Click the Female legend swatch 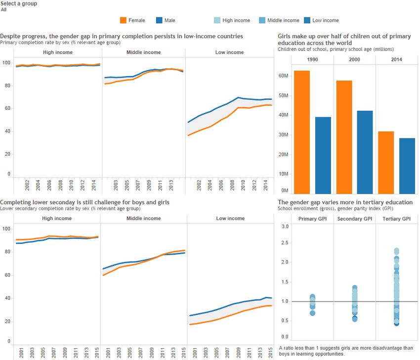[x=124, y=20]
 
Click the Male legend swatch [x=159, y=20]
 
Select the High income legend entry [x=217, y=20]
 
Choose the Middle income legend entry [x=262, y=20]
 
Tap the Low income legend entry [x=307, y=20]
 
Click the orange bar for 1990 [x=301, y=132]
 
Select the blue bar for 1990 [x=323, y=155]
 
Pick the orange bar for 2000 [x=344, y=136]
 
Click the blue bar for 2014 [x=407, y=166]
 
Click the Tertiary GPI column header [x=397, y=219]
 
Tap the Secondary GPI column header [x=354, y=219]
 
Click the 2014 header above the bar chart [x=397, y=59]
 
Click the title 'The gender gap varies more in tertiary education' [x=345, y=202]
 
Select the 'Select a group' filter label [x=18, y=3]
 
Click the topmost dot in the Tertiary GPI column [x=396, y=251]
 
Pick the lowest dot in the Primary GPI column [x=312, y=313]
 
